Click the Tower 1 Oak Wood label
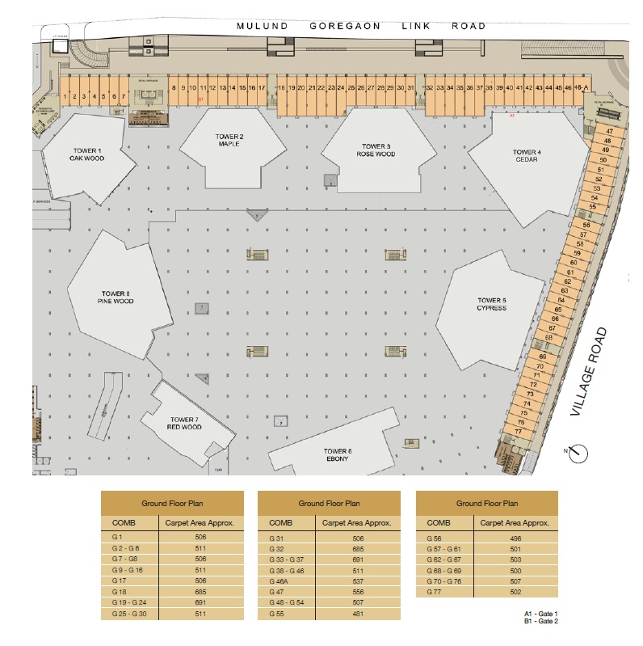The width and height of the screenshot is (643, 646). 86,154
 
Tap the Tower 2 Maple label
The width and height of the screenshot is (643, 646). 229,140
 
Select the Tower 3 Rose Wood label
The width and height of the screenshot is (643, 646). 376,150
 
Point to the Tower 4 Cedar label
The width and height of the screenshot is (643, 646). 527,155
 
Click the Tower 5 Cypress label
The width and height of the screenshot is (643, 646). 491,304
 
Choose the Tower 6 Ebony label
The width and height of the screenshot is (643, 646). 338,454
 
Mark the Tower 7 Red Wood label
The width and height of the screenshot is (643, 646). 183,423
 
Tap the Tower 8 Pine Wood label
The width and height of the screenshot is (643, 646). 117,298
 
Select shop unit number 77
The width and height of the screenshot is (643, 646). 518,432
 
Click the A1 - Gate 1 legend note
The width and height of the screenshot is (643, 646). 540,614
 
